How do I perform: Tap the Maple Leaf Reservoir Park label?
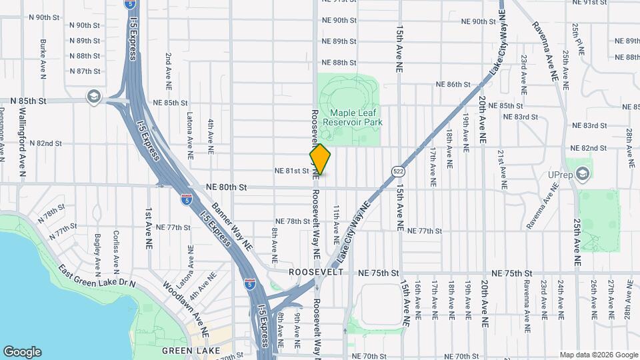[x=352, y=118]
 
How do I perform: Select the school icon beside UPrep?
[x=583, y=175]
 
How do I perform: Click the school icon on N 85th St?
[x=93, y=97]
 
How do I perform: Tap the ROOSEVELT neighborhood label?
[x=316, y=273]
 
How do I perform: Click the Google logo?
[x=22, y=351]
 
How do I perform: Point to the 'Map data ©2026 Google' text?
[x=599, y=355]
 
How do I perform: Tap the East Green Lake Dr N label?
[x=97, y=276]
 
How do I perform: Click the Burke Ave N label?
[x=43, y=59]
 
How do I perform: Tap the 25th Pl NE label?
[x=581, y=40]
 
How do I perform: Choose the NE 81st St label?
[x=292, y=171]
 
